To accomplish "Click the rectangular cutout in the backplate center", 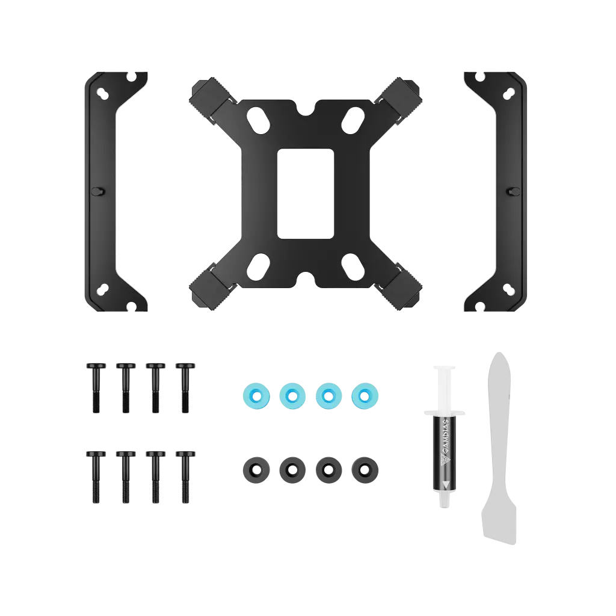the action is click(305, 193).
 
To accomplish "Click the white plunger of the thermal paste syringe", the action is click(445, 389).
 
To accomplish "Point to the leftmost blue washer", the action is click(256, 396).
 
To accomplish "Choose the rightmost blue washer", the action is click(365, 396).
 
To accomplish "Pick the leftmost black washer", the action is click(256, 470).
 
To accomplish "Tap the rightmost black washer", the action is click(365, 470).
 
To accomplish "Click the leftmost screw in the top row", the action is click(96, 388).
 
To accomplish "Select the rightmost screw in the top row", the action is click(185, 388).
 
